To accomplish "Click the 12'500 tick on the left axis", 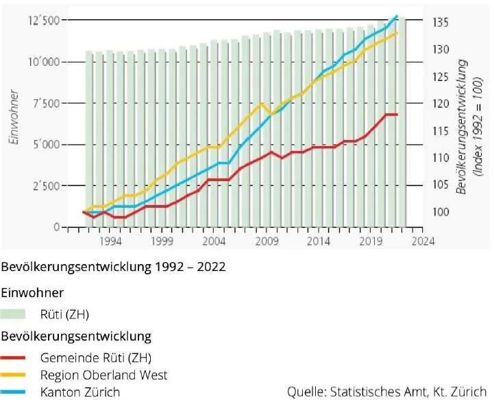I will point(43,21).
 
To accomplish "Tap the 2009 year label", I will point(267,242).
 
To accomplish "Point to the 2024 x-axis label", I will point(423,242).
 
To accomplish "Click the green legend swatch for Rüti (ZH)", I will point(14,315).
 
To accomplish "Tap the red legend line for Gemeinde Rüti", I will point(14,358).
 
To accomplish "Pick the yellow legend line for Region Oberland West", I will point(14,375).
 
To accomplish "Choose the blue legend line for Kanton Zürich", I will point(14,392).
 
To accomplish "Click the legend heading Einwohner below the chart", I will point(32,293).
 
